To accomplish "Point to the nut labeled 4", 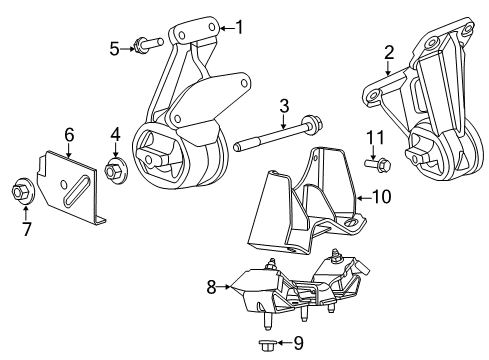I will click(113, 171).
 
